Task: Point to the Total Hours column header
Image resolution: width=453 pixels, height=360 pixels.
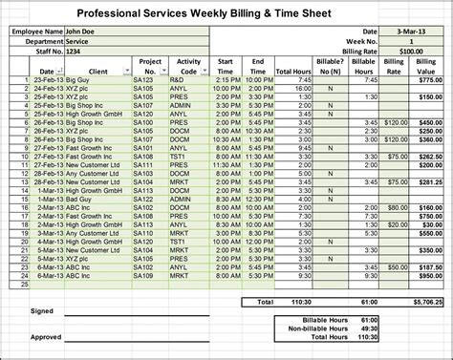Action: (x=292, y=72)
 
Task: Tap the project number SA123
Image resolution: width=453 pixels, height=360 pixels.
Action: (x=145, y=80)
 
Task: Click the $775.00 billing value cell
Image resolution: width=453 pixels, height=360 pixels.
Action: (x=430, y=80)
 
